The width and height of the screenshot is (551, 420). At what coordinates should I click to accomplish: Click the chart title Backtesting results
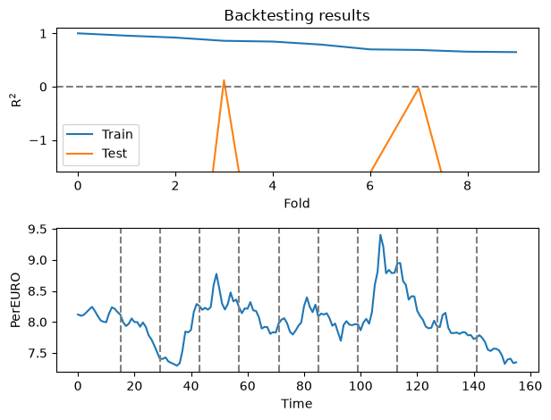click(297, 16)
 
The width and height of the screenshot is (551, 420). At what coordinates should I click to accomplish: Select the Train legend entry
click(99, 134)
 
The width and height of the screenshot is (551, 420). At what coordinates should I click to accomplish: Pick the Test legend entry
click(97, 153)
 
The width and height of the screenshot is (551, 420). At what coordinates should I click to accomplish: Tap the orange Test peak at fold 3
click(224, 80)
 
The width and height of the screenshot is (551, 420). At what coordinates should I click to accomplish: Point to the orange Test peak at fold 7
click(419, 88)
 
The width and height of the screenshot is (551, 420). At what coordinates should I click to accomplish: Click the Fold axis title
click(297, 204)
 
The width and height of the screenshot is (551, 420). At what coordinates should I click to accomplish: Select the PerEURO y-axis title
click(15, 300)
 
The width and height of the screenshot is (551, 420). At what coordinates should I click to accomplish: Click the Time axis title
click(297, 404)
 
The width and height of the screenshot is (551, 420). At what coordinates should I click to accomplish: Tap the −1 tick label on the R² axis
click(38, 141)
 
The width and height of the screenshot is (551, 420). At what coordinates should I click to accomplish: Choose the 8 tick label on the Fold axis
click(467, 186)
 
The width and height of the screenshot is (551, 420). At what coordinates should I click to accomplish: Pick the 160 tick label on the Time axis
click(530, 386)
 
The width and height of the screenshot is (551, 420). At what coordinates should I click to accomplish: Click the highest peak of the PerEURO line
click(380, 235)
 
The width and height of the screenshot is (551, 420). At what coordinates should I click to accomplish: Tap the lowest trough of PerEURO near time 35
click(177, 365)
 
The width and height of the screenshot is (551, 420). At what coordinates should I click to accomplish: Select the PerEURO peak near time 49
click(216, 274)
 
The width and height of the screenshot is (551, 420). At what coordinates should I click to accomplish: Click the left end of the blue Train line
click(78, 33)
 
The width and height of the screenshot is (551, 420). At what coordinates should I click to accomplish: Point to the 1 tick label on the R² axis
click(44, 34)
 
